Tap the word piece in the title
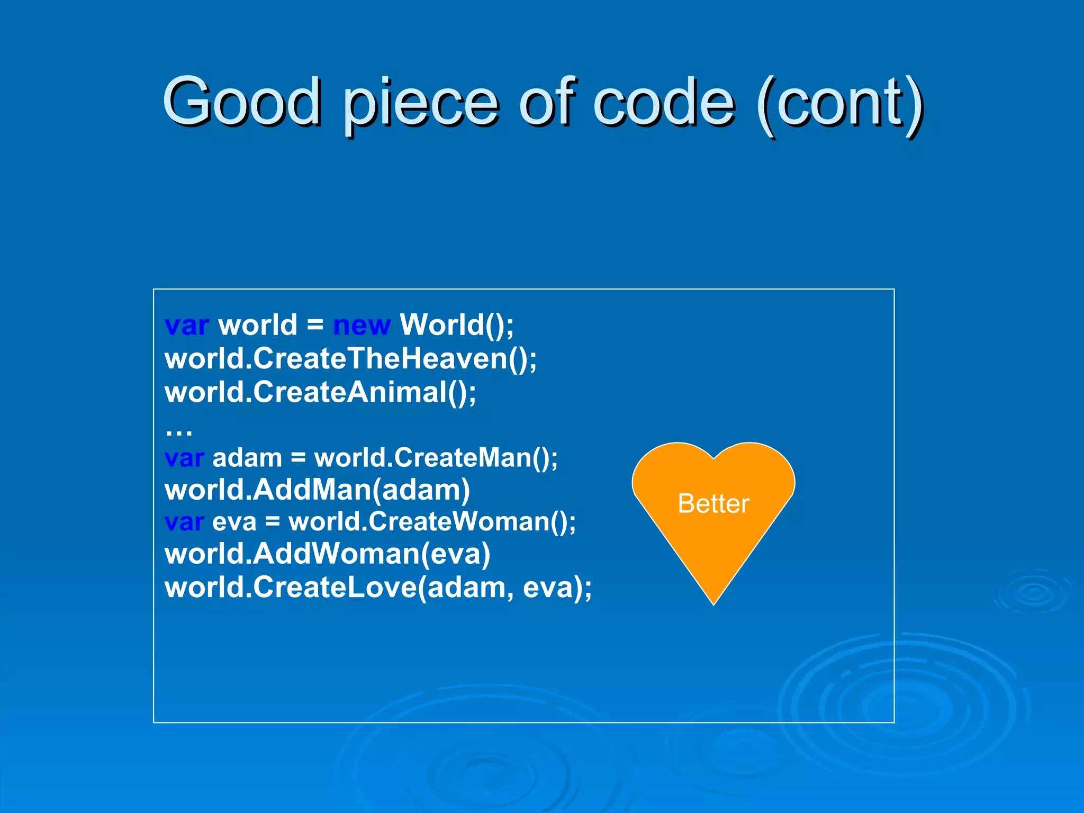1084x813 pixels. [x=421, y=103]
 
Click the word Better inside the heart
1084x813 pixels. [x=713, y=503]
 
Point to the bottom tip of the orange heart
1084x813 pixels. [x=713, y=602]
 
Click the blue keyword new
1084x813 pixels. [x=362, y=325]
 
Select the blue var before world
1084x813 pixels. [x=187, y=325]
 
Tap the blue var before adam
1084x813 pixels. [x=184, y=458]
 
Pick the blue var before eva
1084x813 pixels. [x=184, y=522]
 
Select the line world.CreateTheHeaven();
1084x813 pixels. [x=350, y=359]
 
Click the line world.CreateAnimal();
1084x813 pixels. [x=320, y=393]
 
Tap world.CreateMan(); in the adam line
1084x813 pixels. [x=436, y=458]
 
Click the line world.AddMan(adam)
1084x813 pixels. [x=317, y=490]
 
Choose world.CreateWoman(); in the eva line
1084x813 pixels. [x=432, y=522]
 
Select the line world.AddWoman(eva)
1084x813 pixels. [x=327, y=554]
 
